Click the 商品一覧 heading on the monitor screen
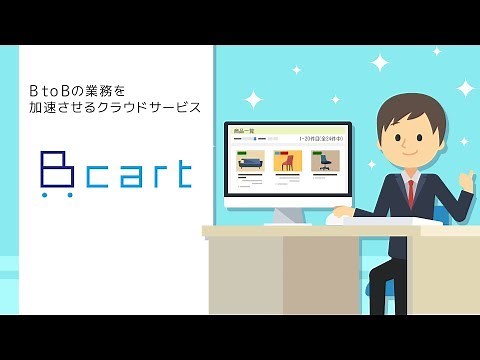(244, 131)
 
